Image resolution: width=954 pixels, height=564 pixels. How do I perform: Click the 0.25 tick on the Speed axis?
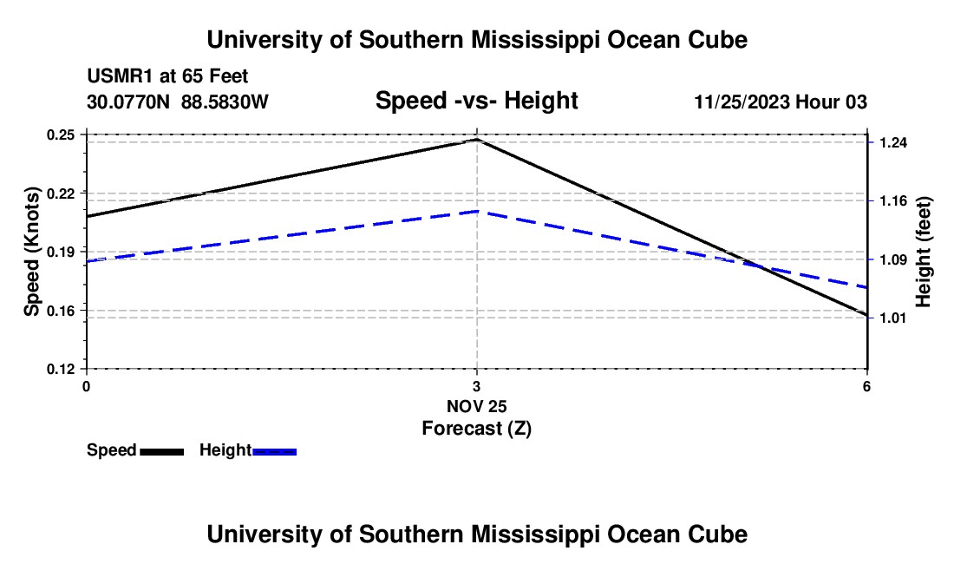60,134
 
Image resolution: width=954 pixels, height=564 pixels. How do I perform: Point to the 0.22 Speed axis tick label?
60,193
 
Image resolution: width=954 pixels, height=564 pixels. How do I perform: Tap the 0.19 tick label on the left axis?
60,252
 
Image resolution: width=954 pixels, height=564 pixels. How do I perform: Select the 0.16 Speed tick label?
60,311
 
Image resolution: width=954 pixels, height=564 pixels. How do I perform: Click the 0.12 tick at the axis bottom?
60,370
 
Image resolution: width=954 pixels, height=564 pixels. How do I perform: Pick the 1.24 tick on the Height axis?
893,142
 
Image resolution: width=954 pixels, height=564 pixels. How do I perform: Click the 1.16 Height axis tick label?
893,200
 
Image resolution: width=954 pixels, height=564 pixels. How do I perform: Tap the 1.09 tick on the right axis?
893,259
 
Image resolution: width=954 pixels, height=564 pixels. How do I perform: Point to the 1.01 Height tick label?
893,318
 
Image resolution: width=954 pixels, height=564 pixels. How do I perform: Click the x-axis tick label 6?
866,386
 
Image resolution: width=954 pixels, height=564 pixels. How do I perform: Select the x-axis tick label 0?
87,386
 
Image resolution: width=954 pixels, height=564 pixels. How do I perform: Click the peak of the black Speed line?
477,140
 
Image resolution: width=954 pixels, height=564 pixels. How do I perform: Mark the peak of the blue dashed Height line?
477,211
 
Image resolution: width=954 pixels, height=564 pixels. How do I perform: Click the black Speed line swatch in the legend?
162,451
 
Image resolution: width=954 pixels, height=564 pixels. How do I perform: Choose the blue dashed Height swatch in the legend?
274,451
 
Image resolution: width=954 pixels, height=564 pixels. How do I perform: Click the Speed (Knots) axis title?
31,252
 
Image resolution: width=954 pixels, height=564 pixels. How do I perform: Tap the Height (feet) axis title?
923,252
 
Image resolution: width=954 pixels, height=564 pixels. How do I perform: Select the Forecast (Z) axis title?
477,429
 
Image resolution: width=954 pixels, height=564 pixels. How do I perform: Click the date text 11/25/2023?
742,102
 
